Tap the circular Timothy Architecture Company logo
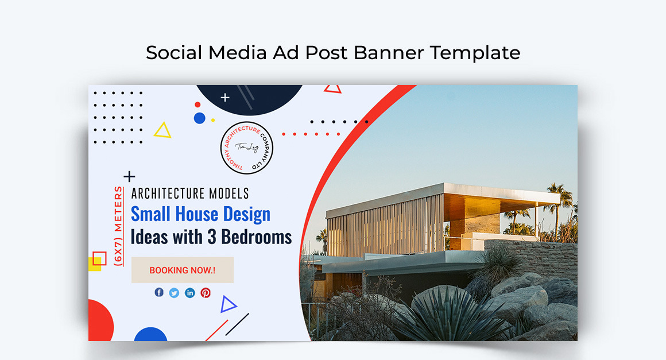tap(247, 148)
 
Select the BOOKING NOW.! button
tap(183, 270)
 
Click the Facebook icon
tap(159, 292)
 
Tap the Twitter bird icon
tap(174, 293)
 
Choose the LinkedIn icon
tap(190, 293)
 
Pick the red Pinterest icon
tap(206, 293)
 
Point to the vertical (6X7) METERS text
tap(118, 225)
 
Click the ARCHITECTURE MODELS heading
tap(190, 193)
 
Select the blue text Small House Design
tap(200, 214)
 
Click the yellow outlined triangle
tap(163, 131)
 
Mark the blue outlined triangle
tap(228, 304)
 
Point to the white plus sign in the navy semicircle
tap(225, 98)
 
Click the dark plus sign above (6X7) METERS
tap(130, 176)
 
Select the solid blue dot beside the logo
tap(199, 118)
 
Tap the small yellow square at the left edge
tap(94, 265)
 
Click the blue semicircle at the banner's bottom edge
tap(150, 335)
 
